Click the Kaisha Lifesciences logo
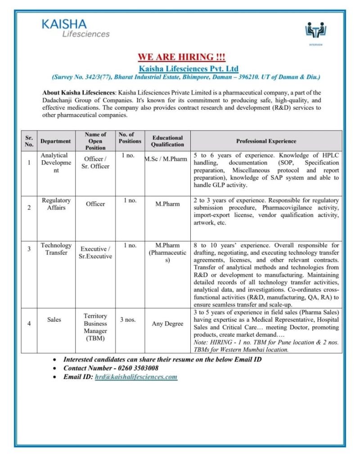click(x=76, y=28)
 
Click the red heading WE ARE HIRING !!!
click(x=181, y=57)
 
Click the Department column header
click(x=55, y=141)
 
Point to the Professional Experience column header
click(x=266, y=141)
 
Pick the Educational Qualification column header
click(x=167, y=141)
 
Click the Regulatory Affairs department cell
click(x=56, y=204)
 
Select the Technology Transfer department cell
click(x=56, y=249)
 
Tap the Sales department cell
click(x=54, y=320)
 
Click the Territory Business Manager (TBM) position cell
click(x=95, y=327)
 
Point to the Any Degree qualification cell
click(x=167, y=324)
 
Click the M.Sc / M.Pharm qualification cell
click(x=166, y=159)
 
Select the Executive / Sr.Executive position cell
click(x=95, y=253)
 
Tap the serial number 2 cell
click(x=29, y=208)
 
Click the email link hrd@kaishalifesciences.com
click(x=136, y=377)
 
